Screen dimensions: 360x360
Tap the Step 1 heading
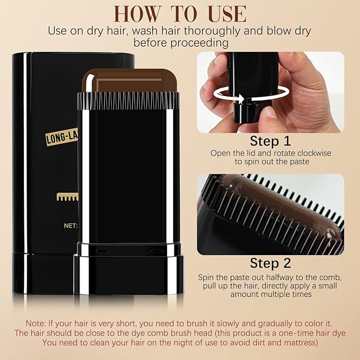(270, 142)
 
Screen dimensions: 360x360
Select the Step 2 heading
(270, 264)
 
